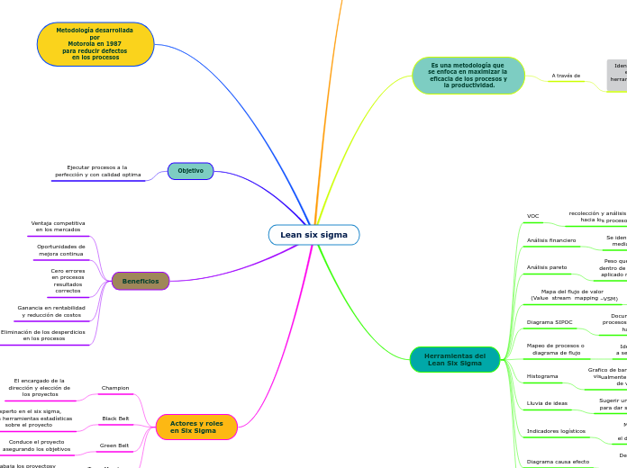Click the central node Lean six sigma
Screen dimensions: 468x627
click(313, 235)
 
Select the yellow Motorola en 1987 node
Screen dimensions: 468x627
click(95, 44)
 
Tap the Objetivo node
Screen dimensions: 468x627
click(190, 171)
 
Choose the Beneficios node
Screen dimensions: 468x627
click(141, 281)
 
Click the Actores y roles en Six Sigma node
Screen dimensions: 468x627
click(196, 427)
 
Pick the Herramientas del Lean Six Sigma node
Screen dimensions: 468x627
click(455, 359)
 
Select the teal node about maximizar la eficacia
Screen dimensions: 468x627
click(468, 76)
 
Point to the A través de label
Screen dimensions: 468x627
click(566, 76)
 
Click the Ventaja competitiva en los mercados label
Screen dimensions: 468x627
click(59, 226)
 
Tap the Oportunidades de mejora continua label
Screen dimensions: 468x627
click(61, 249)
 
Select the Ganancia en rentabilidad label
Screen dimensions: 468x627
click(51, 311)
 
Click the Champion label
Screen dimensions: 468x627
click(115, 388)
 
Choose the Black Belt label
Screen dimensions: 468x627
click(115, 418)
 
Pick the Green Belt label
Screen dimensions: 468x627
click(114, 445)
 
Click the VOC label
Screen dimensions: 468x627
click(533, 216)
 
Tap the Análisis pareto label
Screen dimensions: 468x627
click(547, 267)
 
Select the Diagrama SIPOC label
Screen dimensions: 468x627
click(550, 321)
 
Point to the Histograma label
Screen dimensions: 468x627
click(542, 376)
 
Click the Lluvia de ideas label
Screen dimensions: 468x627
click(547, 403)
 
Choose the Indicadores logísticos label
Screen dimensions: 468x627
click(556, 431)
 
